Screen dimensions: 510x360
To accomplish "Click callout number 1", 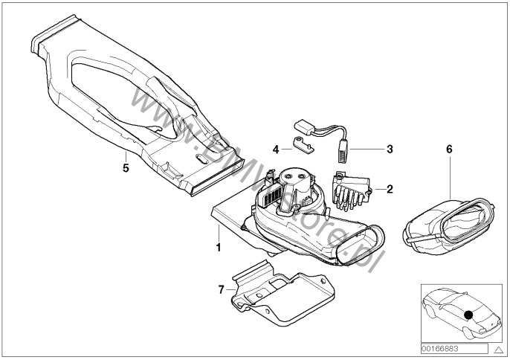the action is tap(219, 247).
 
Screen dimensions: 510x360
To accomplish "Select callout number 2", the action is tap(390, 189).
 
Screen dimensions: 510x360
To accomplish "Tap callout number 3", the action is tap(390, 149).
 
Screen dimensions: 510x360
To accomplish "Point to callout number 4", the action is tap(276, 150).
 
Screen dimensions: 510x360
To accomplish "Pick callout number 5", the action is tap(126, 168).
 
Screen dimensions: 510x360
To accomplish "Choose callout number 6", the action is tap(449, 149).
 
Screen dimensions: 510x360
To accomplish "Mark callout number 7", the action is tap(222, 289).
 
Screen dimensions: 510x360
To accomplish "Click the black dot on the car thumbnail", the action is tap(468, 315).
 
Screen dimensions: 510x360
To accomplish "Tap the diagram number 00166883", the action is tap(440, 349).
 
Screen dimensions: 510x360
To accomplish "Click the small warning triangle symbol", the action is tap(498, 350).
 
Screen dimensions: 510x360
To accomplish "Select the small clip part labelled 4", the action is tap(304, 145).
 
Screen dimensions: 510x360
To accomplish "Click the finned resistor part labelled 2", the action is tap(351, 191).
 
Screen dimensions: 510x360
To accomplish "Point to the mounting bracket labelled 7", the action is tap(283, 293).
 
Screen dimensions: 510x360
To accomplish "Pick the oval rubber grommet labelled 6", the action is tap(448, 225).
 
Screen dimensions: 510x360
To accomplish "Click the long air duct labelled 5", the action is tap(137, 104).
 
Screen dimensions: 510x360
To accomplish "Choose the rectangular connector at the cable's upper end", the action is tap(304, 126).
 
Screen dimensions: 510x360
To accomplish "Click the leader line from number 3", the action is tap(367, 149).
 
